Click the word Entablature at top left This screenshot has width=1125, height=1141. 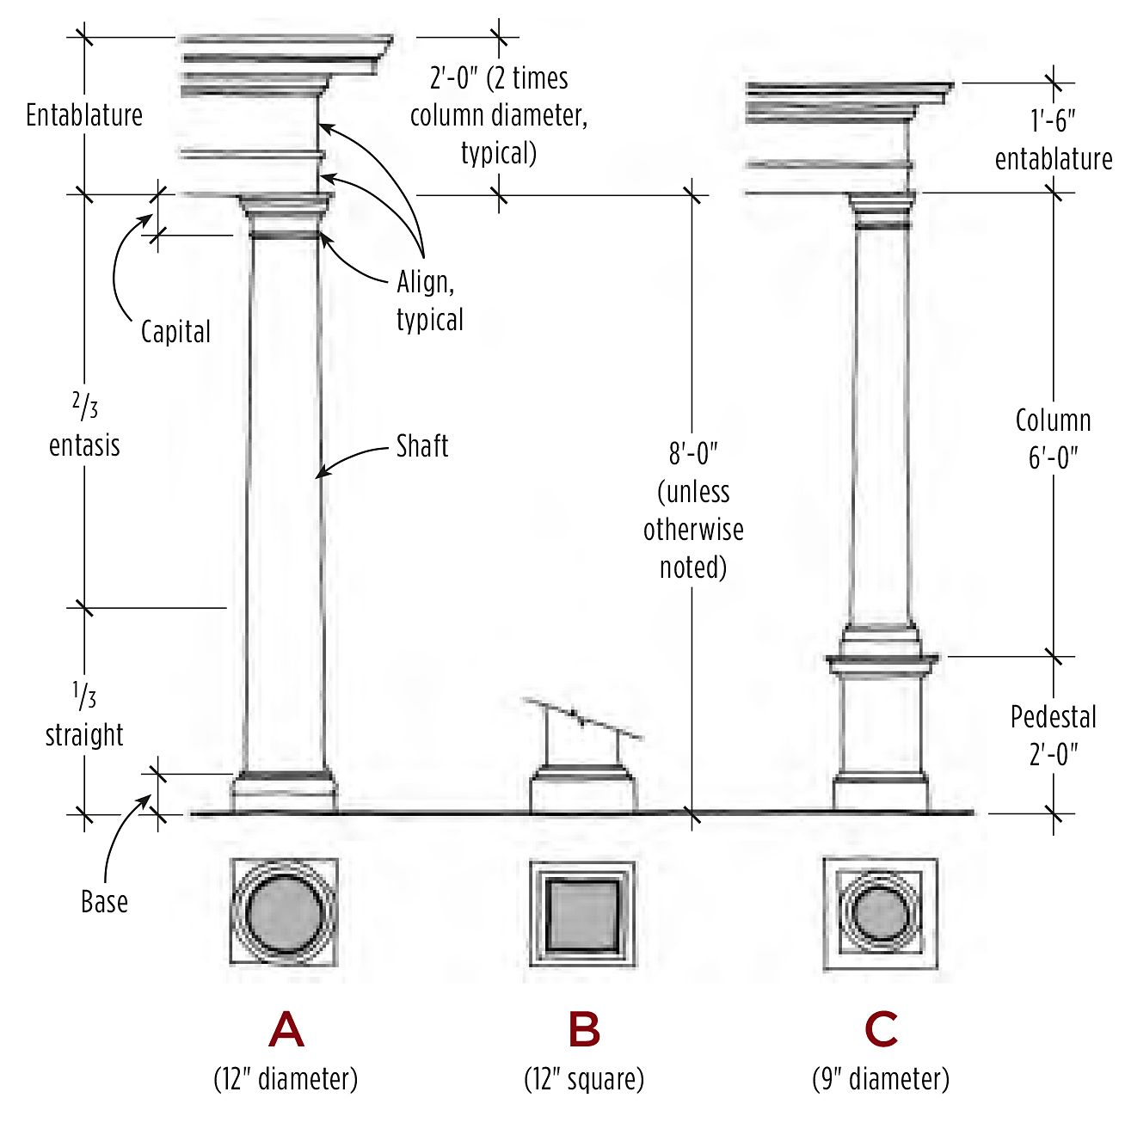click(x=84, y=115)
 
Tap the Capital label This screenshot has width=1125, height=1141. click(x=175, y=332)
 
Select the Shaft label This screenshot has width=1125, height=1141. click(x=422, y=446)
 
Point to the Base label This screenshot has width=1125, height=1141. click(x=104, y=901)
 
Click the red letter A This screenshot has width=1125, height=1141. click(x=286, y=1029)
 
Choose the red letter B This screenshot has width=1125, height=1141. click(x=584, y=1029)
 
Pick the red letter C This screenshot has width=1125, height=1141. click(x=882, y=1029)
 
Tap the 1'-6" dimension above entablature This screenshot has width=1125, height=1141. click(x=1054, y=121)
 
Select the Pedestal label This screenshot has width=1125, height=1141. click(x=1054, y=717)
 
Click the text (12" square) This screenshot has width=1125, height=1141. click(x=584, y=1078)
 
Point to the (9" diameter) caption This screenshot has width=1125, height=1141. click(x=881, y=1078)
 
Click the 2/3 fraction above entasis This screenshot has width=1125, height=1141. click(x=84, y=406)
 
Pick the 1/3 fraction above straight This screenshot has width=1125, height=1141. click(x=84, y=696)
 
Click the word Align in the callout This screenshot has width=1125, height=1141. click(x=425, y=282)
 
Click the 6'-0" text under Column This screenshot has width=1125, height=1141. click(x=1054, y=457)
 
